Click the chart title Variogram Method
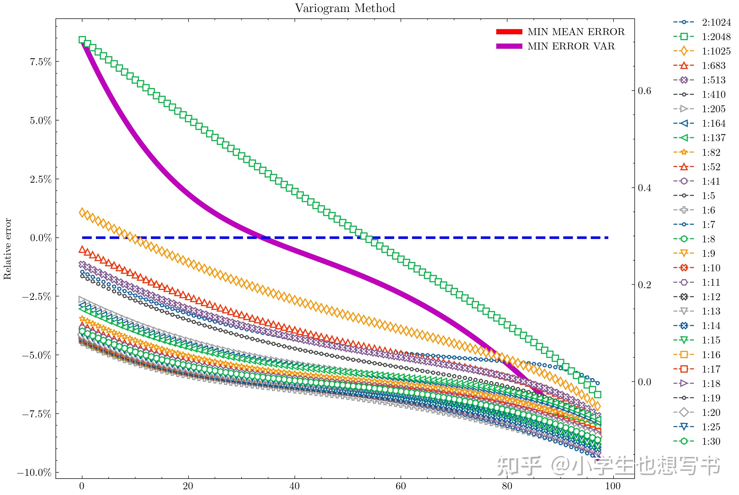tap(345, 8)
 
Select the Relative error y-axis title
tap(7, 249)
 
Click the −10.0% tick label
tap(34, 473)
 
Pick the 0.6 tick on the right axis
tap(644, 91)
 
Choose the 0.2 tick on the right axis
tap(644, 285)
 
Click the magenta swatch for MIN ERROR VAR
tap(509, 46)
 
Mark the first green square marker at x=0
tap(82, 40)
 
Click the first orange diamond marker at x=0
tap(82, 213)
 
